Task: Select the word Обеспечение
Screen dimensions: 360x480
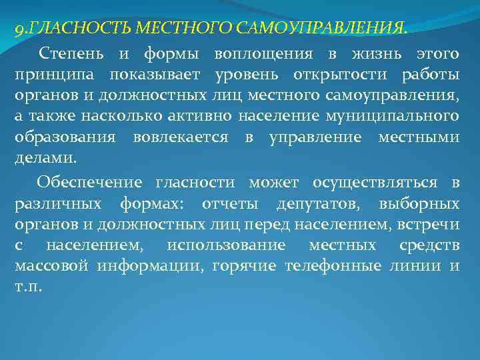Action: pyautogui.click(x=90, y=181)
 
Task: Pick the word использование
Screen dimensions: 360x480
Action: pyautogui.click(x=226, y=245)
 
